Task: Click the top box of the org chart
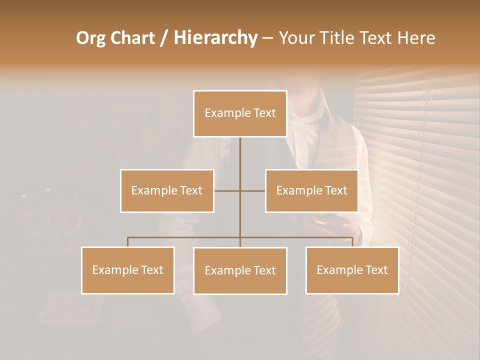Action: [x=240, y=113]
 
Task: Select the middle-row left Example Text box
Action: [x=167, y=190]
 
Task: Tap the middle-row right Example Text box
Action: [x=311, y=190]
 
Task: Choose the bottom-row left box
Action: [x=128, y=270]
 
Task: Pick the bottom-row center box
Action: [x=240, y=270]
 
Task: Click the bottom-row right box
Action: [x=352, y=270]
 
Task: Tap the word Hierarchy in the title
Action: [x=215, y=38]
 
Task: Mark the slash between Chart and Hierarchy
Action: [x=164, y=38]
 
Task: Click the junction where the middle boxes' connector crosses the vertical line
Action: [x=240, y=190]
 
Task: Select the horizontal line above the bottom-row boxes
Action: [x=185, y=237]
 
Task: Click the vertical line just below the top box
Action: [x=240, y=150]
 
